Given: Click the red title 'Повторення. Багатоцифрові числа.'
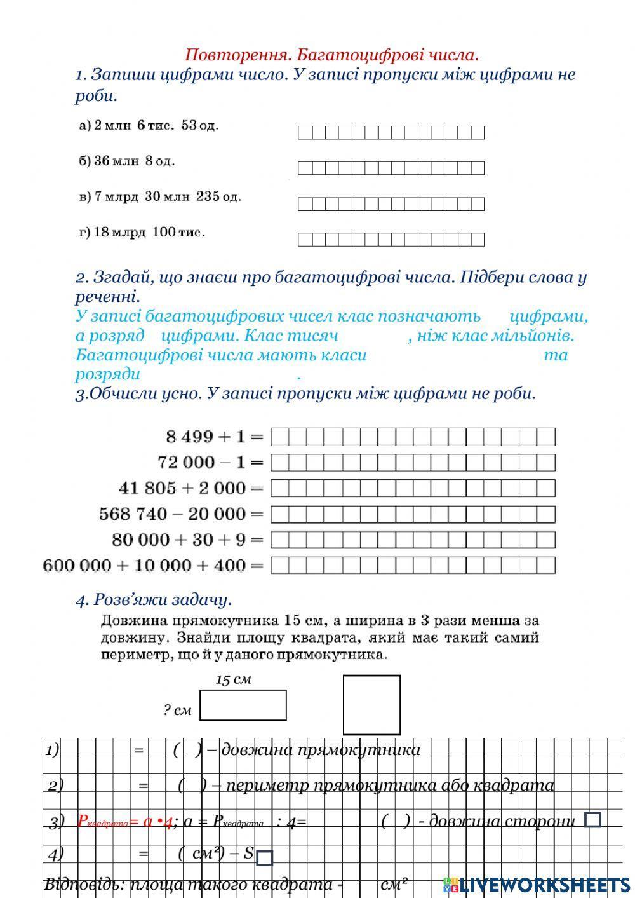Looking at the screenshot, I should click(x=331, y=55).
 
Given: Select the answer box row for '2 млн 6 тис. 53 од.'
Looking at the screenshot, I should click(x=391, y=132).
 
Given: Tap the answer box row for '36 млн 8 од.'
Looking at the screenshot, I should click(x=391, y=168).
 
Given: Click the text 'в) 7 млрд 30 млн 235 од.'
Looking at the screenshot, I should click(x=160, y=196).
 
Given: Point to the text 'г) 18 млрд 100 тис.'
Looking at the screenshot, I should click(x=142, y=232).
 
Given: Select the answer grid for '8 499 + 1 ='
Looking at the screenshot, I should click(x=413, y=437).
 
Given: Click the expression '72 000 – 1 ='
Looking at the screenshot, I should click(x=210, y=462).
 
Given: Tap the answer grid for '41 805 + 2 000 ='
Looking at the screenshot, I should click(x=413, y=488).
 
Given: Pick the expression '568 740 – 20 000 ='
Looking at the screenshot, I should click(x=181, y=514).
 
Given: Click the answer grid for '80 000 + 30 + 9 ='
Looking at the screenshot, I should click(x=413, y=540).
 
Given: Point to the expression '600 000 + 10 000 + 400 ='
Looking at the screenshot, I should click(x=152, y=565).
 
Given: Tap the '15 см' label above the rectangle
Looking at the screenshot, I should click(x=234, y=679).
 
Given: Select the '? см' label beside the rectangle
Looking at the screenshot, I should click(x=177, y=710).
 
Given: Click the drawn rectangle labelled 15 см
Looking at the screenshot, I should click(x=243, y=705).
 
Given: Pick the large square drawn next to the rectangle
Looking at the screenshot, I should click(x=371, y=705).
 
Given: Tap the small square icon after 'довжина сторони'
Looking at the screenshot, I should click(x=592, y=820).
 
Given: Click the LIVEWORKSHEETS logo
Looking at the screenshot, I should click(x=537, y=884).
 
